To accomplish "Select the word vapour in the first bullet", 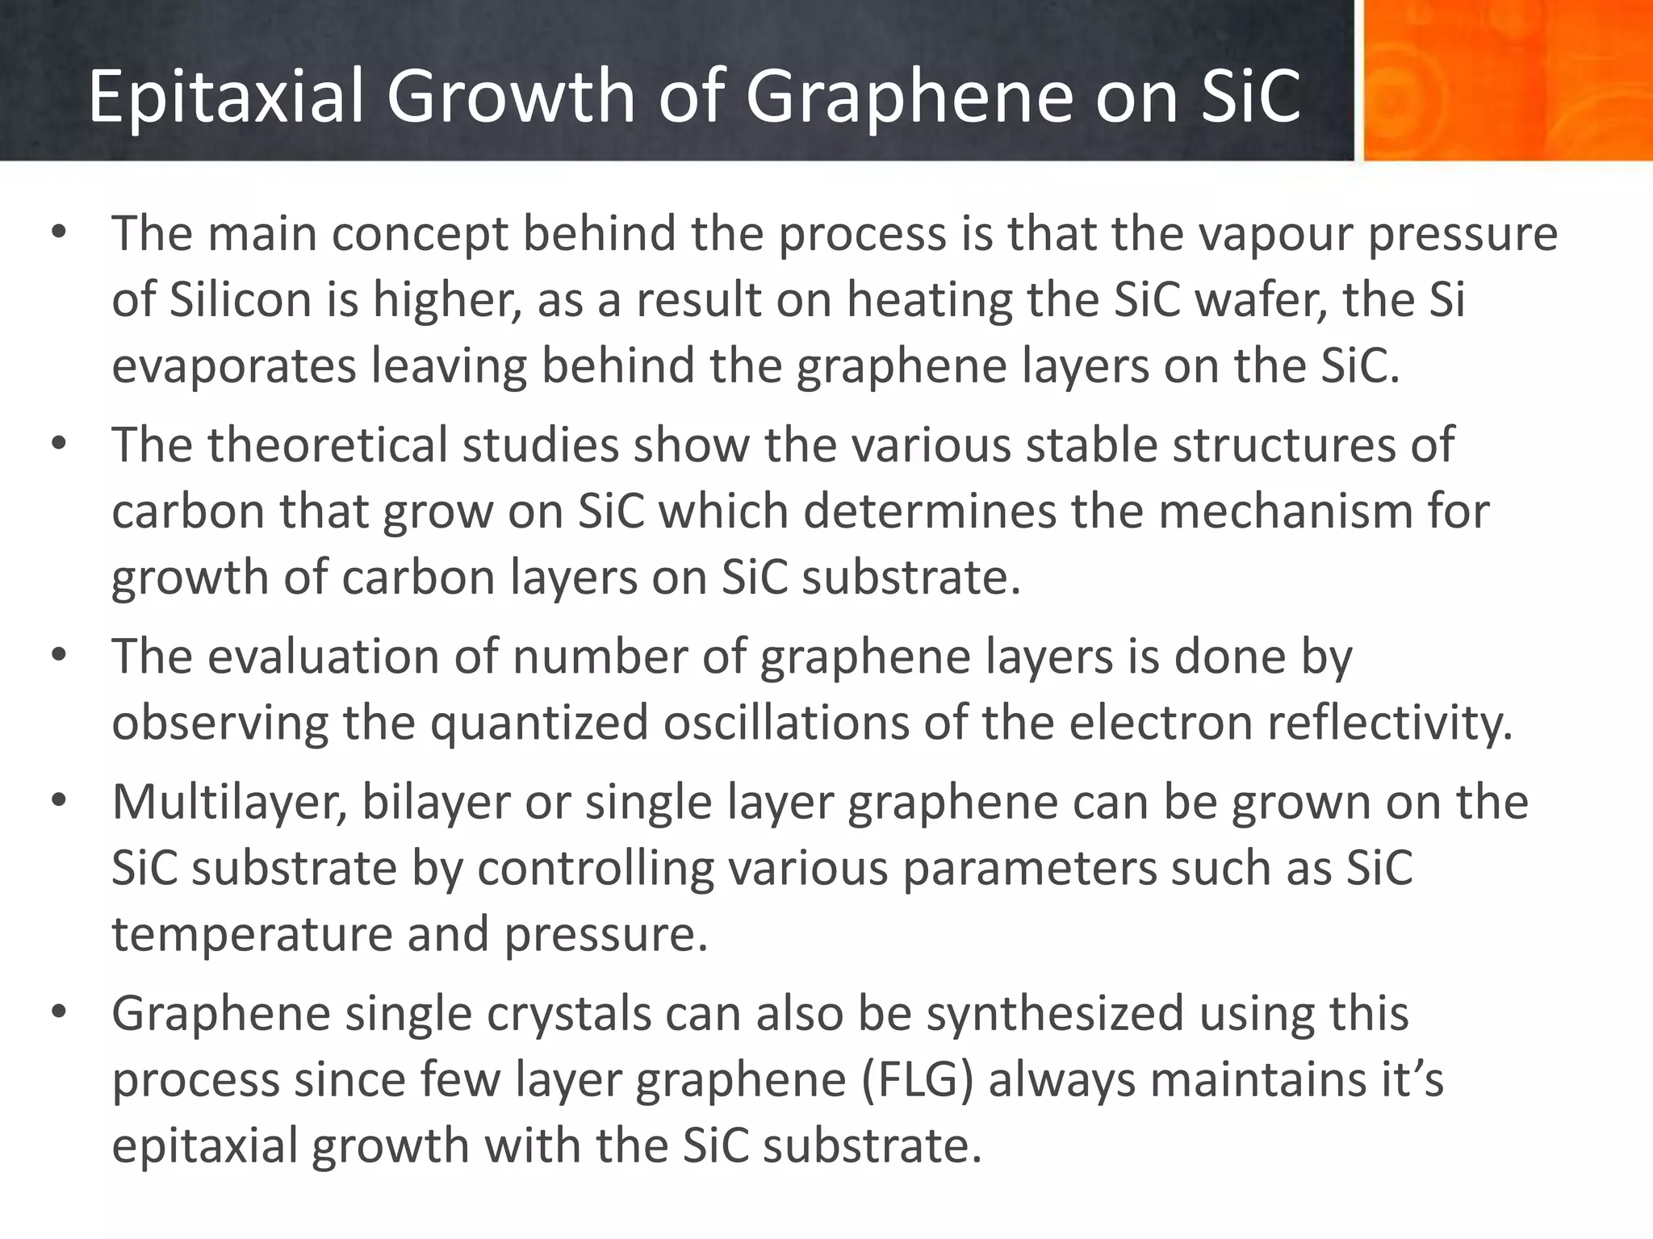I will (1274, 234).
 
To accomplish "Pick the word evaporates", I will (234, 366).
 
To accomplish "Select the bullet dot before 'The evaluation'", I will (58, 655).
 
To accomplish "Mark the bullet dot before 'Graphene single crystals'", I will (58, 1012).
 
